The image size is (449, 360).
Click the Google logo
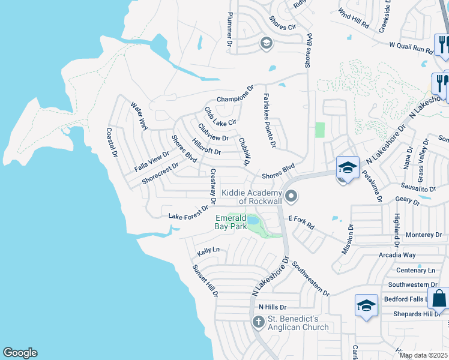tap(20, 353)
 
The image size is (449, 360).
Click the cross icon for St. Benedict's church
tap(258, 323)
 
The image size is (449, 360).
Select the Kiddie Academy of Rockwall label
tap(252, 196)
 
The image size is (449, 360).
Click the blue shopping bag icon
tap(439, 298)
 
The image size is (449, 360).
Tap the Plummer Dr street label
tap(229, 30)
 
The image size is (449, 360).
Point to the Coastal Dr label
tap(111, 143)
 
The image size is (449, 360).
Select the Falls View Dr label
tap(152, 160)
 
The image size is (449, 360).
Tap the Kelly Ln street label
tap(208, 250)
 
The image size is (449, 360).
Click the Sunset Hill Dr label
tap(205, 281)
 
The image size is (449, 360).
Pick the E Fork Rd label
tap(301, 223)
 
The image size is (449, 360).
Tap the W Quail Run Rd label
tap(411, 47)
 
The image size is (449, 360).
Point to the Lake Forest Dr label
tap(188, 212)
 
